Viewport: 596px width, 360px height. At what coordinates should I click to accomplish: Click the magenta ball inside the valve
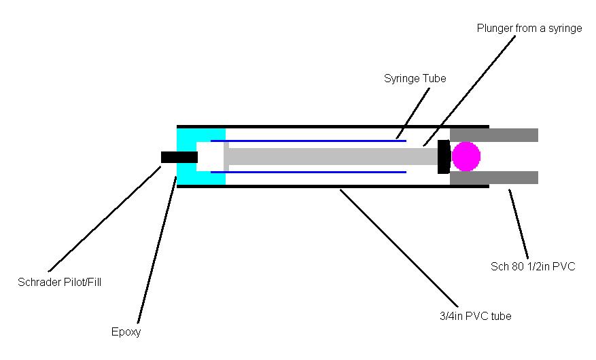pos(466,156)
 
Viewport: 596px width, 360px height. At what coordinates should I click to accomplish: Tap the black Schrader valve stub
pos(179,157)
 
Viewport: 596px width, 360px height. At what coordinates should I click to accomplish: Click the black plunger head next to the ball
pos(444,156)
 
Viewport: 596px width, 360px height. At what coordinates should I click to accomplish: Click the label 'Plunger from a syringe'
pos(529,29)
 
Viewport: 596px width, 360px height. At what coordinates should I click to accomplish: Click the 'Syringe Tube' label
pos(415,78)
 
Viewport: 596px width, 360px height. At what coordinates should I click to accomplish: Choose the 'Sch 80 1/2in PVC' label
pos(533,266)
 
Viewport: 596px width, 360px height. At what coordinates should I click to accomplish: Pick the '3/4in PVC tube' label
pos(475,315)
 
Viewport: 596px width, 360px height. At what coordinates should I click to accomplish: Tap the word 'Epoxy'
pos(126,332)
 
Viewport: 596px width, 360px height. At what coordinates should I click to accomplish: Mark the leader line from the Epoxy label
pos(156,251)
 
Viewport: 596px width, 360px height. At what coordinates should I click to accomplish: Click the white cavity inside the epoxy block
pos(209,157)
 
